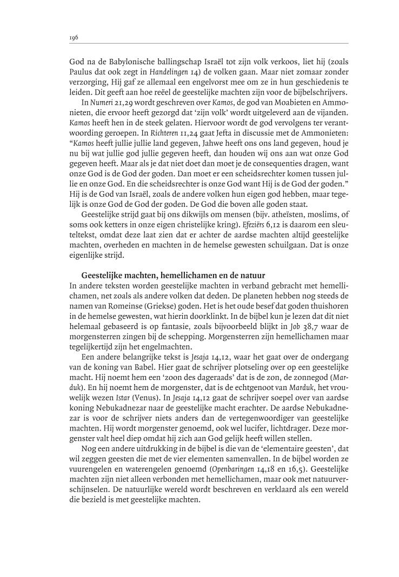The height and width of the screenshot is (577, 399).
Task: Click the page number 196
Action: [74, 37]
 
